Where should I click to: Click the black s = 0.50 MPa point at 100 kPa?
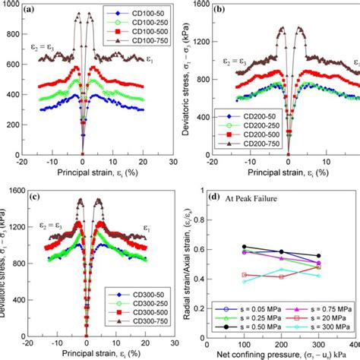243,247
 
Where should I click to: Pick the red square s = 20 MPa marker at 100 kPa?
243,274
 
